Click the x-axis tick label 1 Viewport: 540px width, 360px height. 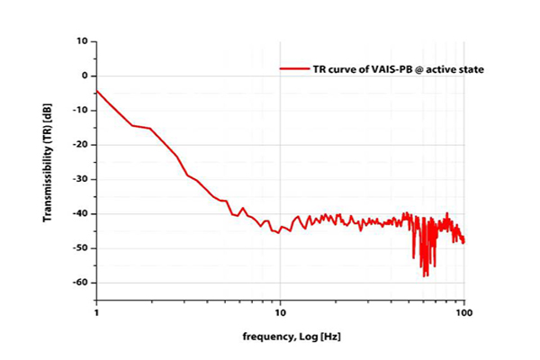[x=95, y=315]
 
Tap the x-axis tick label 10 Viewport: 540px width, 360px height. [x=280, y=315]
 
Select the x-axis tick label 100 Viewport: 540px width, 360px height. [x=463, y=315]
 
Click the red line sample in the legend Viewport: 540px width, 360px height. [x=293, y=68]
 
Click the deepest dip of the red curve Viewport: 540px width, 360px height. [x=425, y=276]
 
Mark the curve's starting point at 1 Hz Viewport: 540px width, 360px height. [x=96, y=90]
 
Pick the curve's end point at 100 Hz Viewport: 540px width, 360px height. [x=463, y=241]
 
